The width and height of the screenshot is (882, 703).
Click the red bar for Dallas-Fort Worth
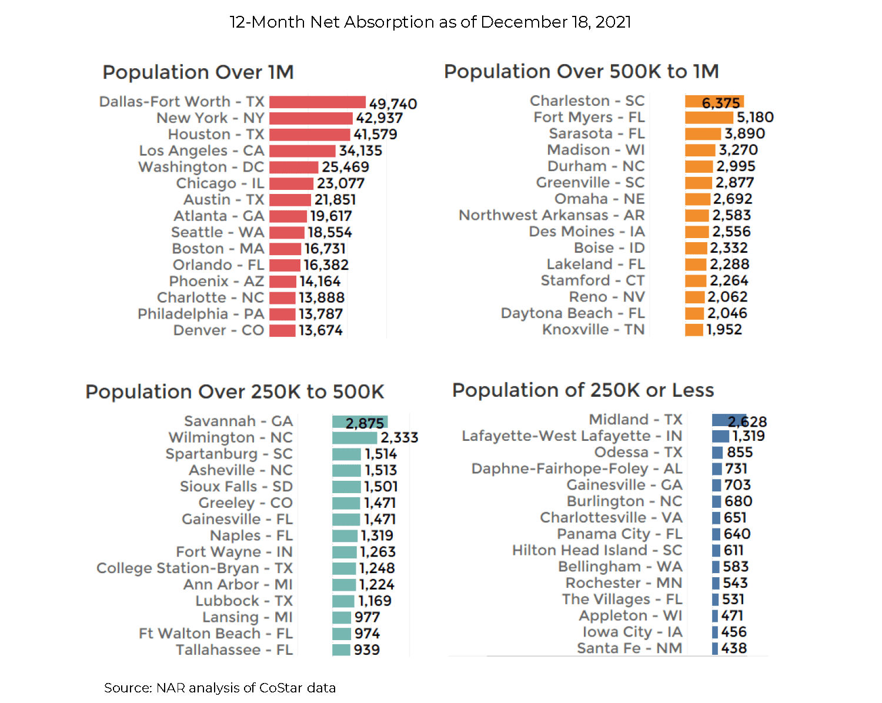[318, 102]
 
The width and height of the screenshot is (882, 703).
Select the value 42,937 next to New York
[379, 118]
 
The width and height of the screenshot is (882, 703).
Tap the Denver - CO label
[219, 330]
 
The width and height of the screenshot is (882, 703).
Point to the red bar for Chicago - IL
[292, 183]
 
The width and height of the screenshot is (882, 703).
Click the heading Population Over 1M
[198, 72]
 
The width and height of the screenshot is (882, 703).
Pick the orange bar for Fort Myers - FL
[709, 118]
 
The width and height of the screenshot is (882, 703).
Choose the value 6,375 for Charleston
[721, 103]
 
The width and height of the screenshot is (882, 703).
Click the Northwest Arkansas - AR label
[552, 215]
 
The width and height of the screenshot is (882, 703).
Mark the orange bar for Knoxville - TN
[694, 330]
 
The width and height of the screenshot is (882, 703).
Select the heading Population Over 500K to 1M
[581, 71]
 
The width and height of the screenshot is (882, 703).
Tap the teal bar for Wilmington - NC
[355, 438]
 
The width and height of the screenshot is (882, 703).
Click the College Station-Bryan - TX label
[195, 568]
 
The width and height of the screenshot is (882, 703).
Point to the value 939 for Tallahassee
[367, 650]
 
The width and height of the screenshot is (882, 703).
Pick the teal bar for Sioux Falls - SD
[346, 487]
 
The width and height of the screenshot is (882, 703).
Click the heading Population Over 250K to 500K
[235, 391]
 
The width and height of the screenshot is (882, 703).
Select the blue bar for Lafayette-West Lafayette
[720, 436]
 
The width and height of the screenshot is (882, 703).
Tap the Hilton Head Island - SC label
[597, 550]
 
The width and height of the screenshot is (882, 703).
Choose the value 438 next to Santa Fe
[734, 648]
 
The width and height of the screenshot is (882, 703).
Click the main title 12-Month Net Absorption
[430, 22]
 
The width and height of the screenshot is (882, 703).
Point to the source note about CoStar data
[220, 688]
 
